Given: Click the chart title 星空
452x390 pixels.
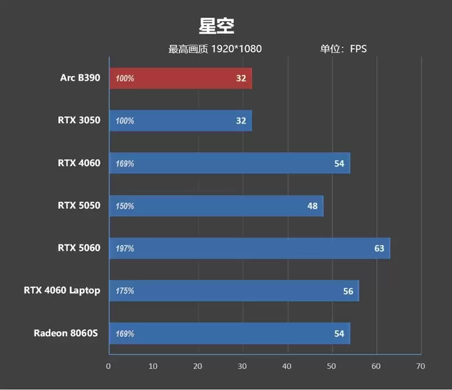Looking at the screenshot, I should [x=216, y=26].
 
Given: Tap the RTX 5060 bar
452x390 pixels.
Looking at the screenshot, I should [x=249, y=248].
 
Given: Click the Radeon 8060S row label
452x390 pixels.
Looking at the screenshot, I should [x=66, y=333].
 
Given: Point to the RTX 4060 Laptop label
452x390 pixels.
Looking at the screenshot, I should [x=62, y=291].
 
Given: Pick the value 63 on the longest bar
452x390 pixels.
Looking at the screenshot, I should [x=379, y=248].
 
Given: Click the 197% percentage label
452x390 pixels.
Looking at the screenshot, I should [x=125, y=249].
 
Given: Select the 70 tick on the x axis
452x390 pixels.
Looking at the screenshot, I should [x=420, y=366].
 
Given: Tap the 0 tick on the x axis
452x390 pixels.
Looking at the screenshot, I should [x=108, y=366].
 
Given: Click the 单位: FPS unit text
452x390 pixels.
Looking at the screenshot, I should [x=344, y=49].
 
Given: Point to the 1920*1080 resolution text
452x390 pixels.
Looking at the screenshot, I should [x=236, y=49].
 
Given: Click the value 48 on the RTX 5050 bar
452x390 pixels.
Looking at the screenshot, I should [x=312, y=206].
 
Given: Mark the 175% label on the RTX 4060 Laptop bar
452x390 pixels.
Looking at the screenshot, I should [x=125, y=291].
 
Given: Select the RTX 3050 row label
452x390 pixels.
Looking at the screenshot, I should [x=79, y=120].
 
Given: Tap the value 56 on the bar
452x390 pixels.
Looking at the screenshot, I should [x=348, y=291].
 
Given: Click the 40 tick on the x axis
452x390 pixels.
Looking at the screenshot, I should [x=288, y=366].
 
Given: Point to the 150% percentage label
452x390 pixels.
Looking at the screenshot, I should [x=125, y=207].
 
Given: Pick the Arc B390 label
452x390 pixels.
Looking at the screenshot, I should [x=80, y=78].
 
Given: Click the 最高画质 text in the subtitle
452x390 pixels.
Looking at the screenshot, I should [x=189, y=49].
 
